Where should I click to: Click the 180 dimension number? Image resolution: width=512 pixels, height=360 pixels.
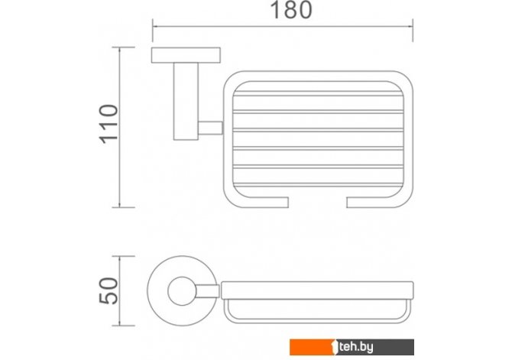(291, 10)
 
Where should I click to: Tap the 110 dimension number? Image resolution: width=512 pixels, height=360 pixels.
(109, 124)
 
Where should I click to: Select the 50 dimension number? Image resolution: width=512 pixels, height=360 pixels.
(109, 290)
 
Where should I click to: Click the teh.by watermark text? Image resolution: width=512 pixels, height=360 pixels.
(356, 347)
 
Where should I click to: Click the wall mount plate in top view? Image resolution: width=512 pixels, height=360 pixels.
(186, 55)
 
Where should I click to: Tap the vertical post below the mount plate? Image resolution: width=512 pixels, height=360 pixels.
(186, 101)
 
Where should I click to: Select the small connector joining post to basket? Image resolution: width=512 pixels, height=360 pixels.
(211, 128)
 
